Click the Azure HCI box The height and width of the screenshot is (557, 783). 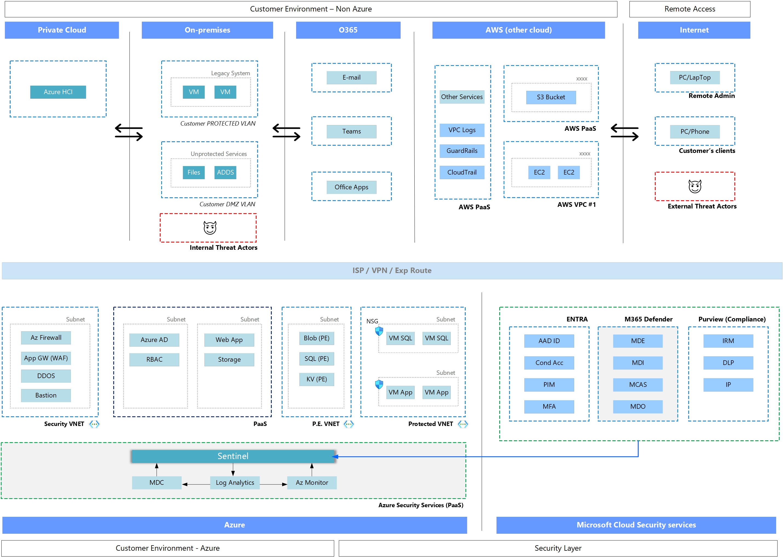coord(58,92)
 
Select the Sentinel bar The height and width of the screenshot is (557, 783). coord(233,456)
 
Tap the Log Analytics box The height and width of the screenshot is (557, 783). coord(235,483)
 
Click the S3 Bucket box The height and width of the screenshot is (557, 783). coord(551,97)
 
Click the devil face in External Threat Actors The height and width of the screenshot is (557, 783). coord(695,186)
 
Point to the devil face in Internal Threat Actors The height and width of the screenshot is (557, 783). coord(210,228)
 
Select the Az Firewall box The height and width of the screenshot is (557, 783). coord(46,338)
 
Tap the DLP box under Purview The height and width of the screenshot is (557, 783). coord(728,363)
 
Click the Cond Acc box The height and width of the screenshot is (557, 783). coord(549,363)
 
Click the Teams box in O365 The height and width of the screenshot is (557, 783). coord(351,132)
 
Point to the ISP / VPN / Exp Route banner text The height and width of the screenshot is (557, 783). coord(392,271)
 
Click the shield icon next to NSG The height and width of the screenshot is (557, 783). coord(379,331)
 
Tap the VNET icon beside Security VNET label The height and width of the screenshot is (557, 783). coord(94,424)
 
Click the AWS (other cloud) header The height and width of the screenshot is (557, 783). coord(518,30)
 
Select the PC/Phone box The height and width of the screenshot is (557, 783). coord(695,132)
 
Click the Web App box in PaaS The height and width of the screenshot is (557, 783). coord(229,340)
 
